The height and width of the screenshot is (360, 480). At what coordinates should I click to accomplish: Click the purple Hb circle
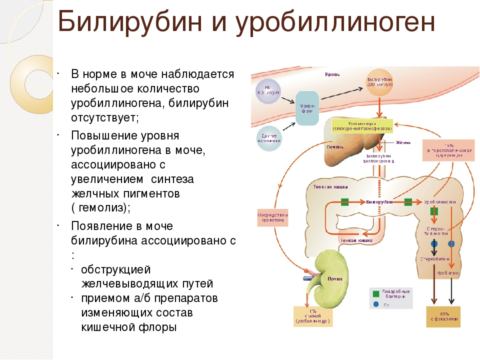click(x=268, y=91)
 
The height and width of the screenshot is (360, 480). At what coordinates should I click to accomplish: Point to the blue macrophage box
click(x=306, y=107)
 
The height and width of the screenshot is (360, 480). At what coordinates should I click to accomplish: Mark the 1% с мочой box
click(x=312, y=315)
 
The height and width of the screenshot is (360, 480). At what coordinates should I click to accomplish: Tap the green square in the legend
click(x=375, y=293)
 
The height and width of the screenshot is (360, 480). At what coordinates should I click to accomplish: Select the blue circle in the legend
click(x=375, y=304)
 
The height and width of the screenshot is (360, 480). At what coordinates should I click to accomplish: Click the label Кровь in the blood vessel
click(x=332, y=74)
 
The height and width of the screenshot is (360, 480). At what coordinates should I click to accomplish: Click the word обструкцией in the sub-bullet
click(x=115, y=270)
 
